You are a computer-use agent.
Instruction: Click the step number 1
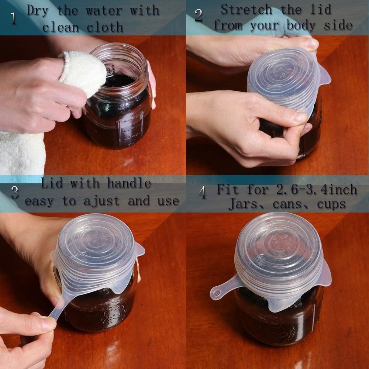14,18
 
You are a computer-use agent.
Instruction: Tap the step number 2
199,15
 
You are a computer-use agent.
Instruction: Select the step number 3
15,192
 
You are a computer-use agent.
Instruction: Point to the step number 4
203,193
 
